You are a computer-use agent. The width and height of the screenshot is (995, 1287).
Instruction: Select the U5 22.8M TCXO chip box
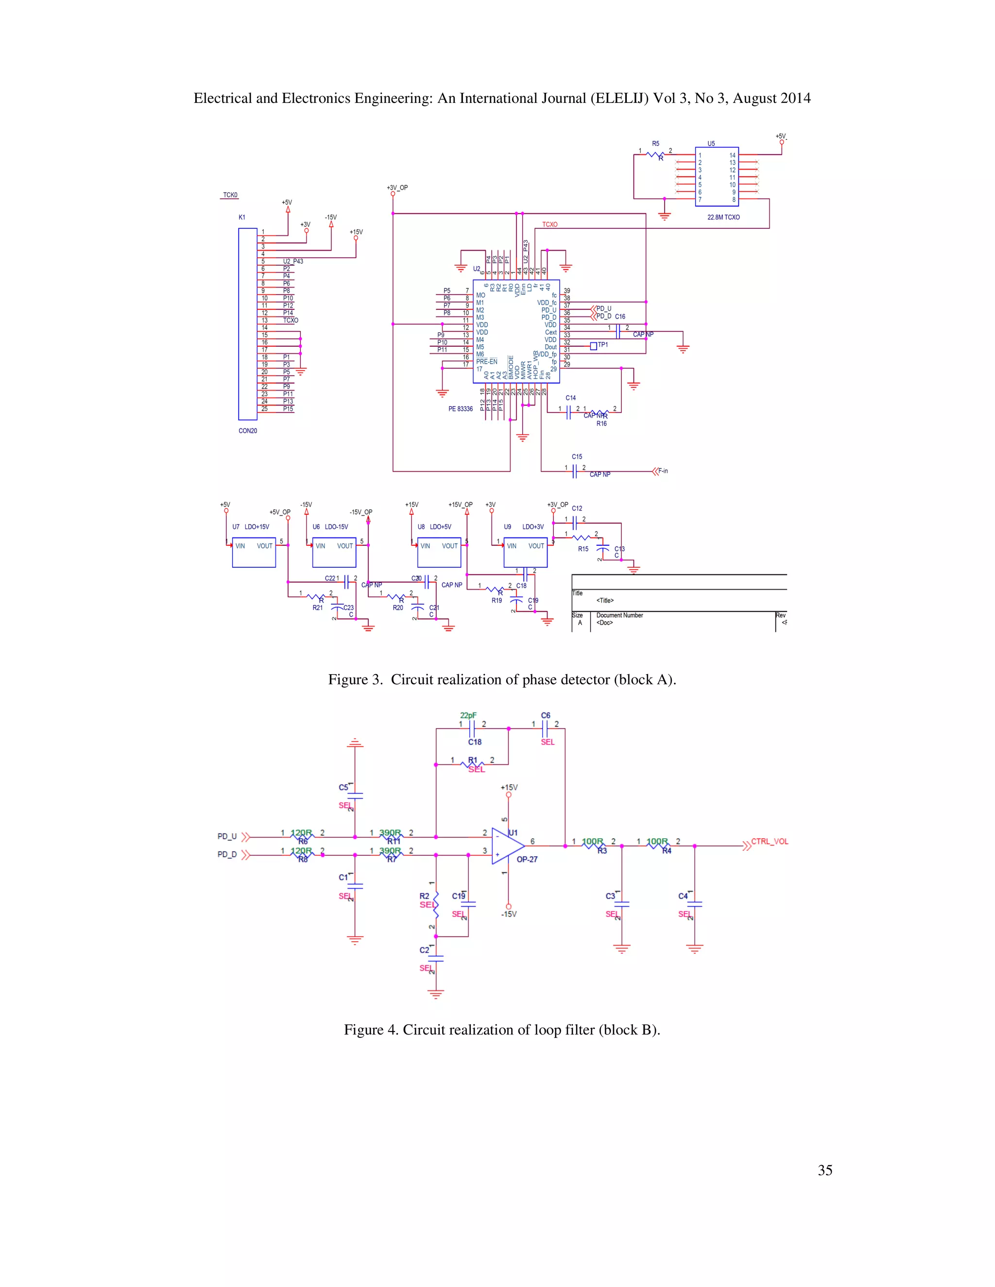pos(716,177)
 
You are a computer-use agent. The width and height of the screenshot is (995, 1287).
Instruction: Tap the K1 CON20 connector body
pos(248,324)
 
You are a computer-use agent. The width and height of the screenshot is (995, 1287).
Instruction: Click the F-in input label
pos(663,471)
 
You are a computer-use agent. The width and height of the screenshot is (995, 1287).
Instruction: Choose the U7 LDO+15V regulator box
pos(254,552)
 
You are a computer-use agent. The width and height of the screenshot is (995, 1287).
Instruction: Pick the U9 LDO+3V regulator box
pos(525,552)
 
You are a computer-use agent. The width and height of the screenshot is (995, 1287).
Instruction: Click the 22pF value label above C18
pos(469,715)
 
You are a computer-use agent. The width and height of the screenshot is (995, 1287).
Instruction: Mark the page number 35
pos(824,1170)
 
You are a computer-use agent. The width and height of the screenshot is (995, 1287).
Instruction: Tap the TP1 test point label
pos(602,345)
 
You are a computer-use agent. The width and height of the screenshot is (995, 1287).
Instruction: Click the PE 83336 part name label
pos(461,409)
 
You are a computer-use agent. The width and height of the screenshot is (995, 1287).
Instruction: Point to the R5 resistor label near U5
pos(655,144)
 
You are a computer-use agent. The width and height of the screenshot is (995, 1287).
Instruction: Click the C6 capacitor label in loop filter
pos(546,715)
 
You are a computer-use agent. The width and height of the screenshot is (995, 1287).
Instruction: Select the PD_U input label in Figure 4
pos(227,836)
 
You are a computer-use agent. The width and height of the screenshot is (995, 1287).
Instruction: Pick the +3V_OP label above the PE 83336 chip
pos(397,188)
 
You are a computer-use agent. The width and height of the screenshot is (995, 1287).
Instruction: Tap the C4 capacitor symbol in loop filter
pos(694,903)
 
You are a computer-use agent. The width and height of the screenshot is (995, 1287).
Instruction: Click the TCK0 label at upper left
pos(230,195)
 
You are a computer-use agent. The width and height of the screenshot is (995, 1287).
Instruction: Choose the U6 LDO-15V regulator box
pos(334,552)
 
